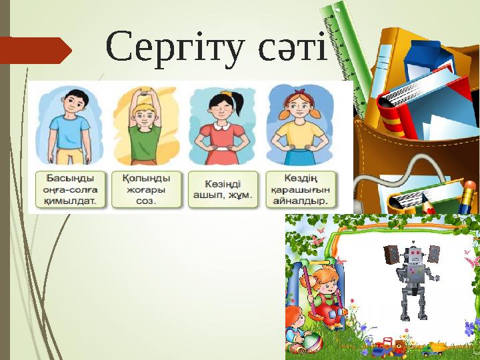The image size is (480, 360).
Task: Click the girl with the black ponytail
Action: pyautogui.click(x=221, y=127)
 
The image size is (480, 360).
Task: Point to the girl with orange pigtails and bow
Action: pyautogui.click(x=298, y=127)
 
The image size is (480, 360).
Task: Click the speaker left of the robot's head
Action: pyautogui.click(x=391, y=255)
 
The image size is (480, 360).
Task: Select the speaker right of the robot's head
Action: pyautogui.click(x=435, y=254)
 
